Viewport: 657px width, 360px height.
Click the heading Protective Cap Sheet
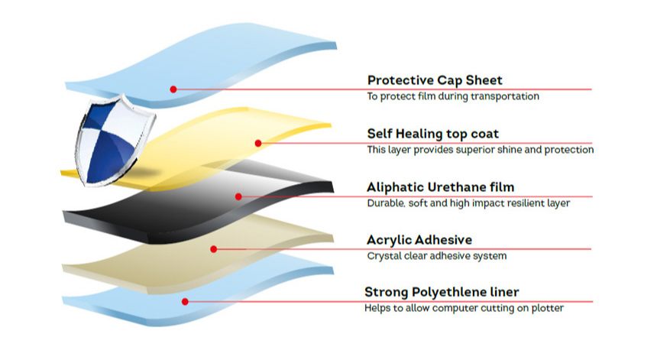435,80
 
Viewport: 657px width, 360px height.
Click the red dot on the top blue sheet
173,89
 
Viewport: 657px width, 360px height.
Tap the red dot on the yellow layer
258,143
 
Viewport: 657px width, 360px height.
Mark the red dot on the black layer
238,196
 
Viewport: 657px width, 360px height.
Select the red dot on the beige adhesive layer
215,248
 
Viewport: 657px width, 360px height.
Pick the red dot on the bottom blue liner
183,301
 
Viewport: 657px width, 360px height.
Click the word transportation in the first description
507,97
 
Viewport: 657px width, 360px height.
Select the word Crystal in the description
383,256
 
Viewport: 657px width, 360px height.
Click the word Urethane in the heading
456,187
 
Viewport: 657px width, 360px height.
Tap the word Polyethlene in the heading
452,292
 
